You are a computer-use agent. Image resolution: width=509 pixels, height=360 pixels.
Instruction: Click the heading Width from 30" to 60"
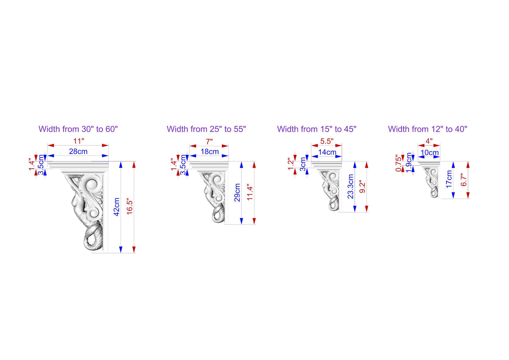[78, 129]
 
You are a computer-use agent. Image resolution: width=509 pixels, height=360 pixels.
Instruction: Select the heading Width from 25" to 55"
[206, 129]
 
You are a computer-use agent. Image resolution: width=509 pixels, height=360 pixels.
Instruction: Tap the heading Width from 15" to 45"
[317, 129]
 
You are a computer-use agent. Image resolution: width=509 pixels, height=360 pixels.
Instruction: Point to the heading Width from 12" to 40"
[428, 129]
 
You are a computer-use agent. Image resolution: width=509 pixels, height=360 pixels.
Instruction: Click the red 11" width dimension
[78, 141]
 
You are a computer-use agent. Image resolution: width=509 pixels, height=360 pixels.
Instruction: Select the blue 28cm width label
[78, 151]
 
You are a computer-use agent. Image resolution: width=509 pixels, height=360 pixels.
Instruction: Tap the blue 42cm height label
[117, 207]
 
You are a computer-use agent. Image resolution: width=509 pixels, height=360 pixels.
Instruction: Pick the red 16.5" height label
[129, 207]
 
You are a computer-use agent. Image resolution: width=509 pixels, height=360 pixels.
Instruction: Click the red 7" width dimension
[209, 142]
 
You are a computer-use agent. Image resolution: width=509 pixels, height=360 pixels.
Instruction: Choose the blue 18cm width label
[210, 151]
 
